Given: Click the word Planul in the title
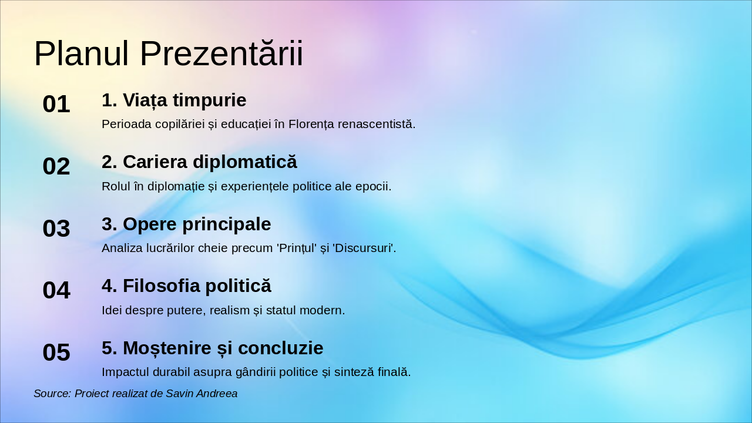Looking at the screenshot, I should point(81,54).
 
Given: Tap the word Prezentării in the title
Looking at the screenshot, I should point(221,54).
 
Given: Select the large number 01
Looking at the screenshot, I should point(56,105).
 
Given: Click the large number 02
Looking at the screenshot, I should point(56,167).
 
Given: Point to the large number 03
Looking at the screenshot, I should point(56,229).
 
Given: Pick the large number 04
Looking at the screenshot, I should point(56,291).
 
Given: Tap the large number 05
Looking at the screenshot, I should point(56,353).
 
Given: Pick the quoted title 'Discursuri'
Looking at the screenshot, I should point(364,248).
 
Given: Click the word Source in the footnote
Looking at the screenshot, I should point(52,394).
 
